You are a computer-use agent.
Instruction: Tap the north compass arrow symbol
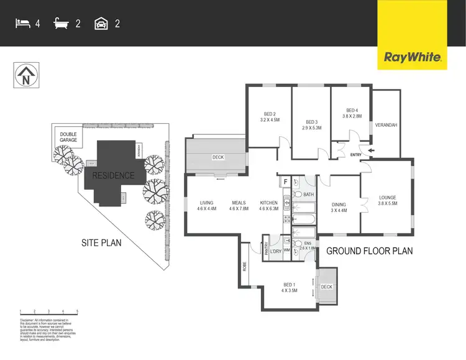coord(25,77)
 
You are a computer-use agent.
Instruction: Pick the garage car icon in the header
coord(100,24)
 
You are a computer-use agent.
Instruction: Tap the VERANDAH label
coord(386,125)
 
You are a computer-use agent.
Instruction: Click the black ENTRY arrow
coord(372,150)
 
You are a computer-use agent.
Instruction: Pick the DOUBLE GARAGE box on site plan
coord(68,137)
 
